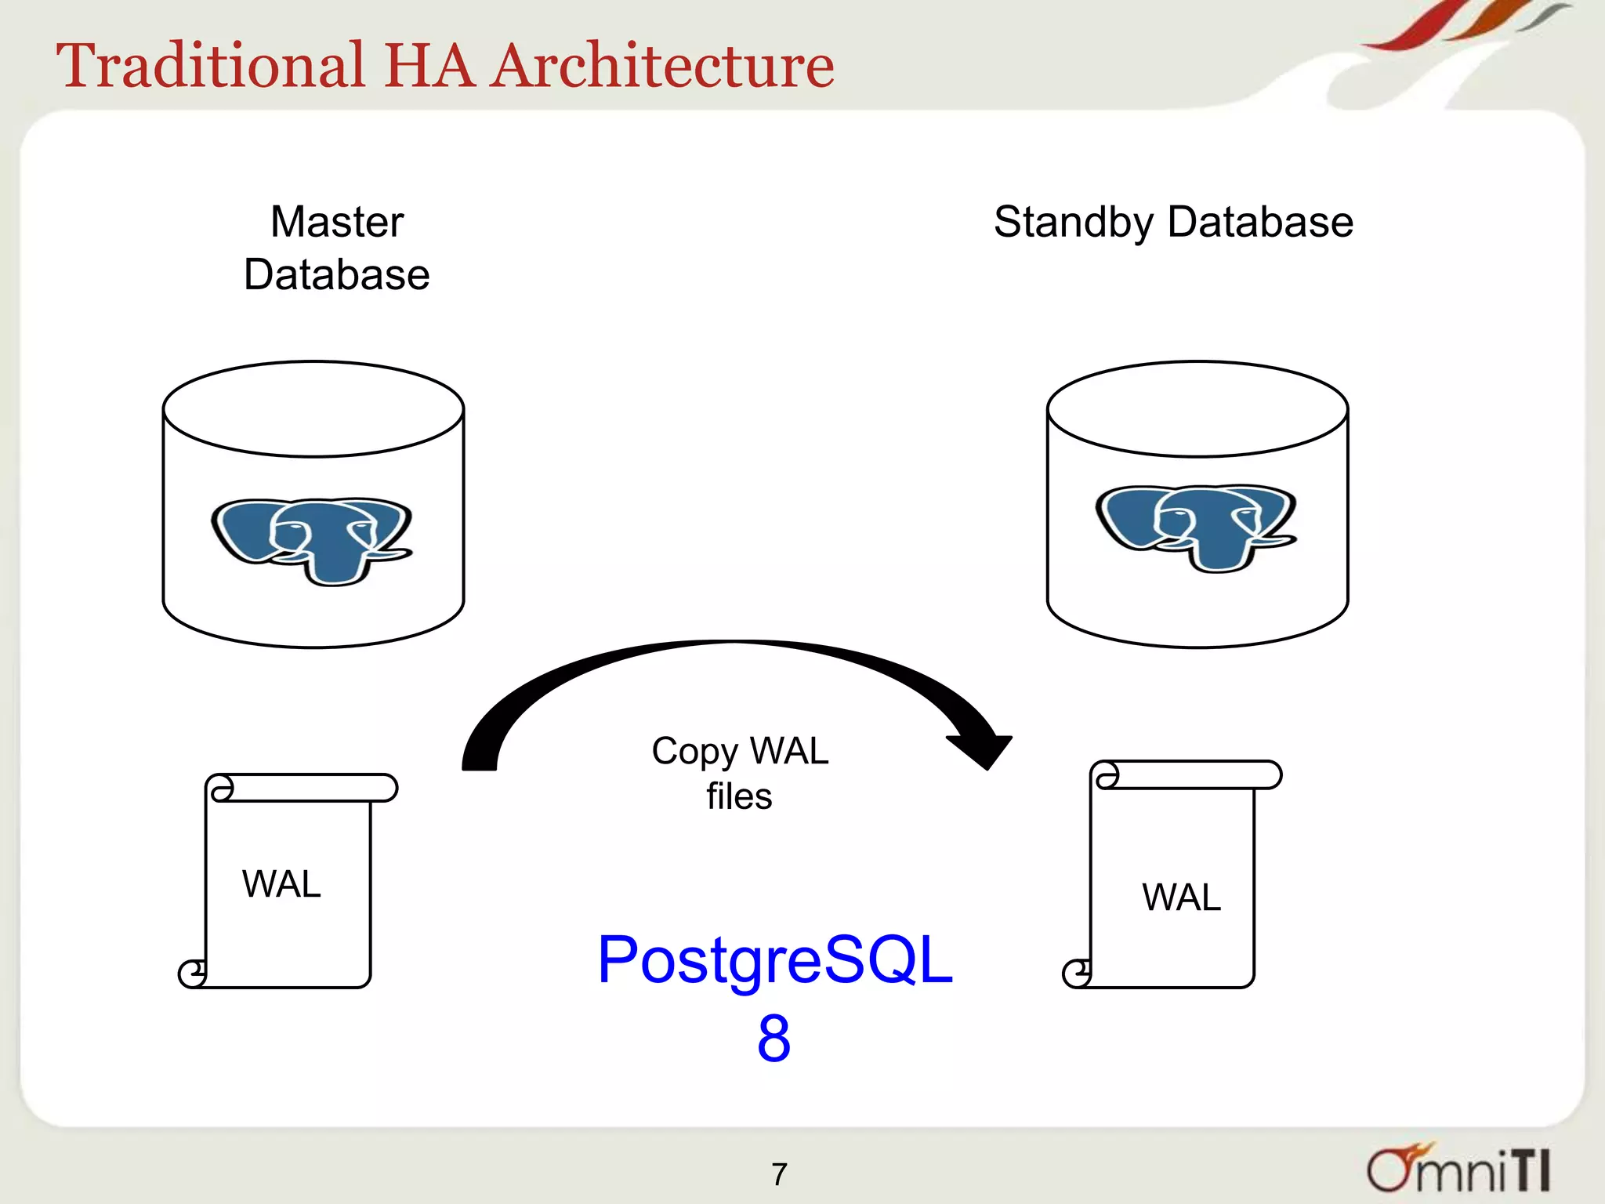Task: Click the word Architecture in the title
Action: (663, 66)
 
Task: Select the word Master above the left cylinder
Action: (337, 222)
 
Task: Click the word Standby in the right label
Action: (1073, 223)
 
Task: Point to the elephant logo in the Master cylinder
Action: (312, 540)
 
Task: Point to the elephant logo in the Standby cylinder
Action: (1196, 527)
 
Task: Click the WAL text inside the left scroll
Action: (281, 884)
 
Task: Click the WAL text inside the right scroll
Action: (1181, 897)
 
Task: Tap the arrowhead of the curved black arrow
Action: (984, 750)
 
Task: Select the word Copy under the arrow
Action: (694, 751)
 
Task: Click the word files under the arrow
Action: (739, 796)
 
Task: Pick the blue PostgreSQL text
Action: (774, 959)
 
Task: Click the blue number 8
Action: (774, 1038)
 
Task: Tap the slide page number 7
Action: (779, 1174)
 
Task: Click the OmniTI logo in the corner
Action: (1458, 1169)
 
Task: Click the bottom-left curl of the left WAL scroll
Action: (192, 974)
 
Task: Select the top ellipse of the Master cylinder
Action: (313, 409)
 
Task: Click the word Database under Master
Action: (337, 274)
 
